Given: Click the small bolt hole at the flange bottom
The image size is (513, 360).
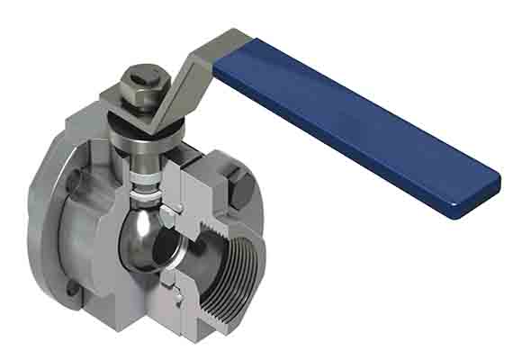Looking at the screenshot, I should pyautogui.click(x=69, y=287).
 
